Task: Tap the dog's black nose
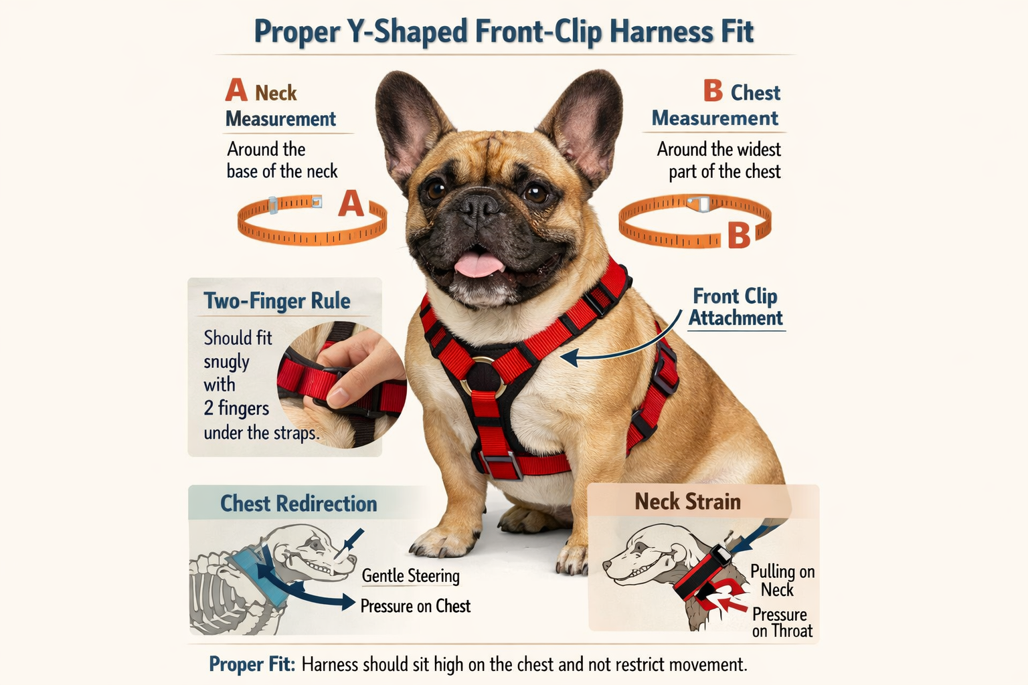479,205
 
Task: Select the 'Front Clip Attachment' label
736,307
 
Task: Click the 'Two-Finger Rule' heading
277,301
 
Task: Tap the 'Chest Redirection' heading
298,503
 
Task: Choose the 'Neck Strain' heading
687,502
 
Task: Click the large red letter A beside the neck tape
351,203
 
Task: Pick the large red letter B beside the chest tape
739,235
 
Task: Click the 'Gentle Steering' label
410,576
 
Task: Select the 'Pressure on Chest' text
415,606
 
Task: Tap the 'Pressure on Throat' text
782,623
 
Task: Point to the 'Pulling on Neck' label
781,581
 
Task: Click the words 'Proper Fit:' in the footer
252,664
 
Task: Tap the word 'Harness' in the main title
660,32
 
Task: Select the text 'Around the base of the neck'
282,160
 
